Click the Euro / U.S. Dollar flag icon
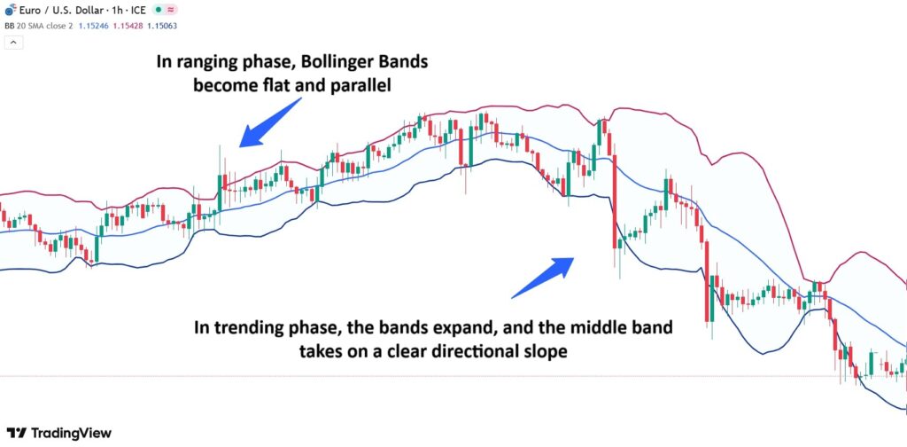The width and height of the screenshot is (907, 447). pyautogui.click(x=9, y=9)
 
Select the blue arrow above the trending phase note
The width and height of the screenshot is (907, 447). pyautogui.click(x=543, y=277)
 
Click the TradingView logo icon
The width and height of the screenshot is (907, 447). pyautogui.click(x=14, y=433)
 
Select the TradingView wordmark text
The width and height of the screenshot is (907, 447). pyautogui.click(x=71, y=433)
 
